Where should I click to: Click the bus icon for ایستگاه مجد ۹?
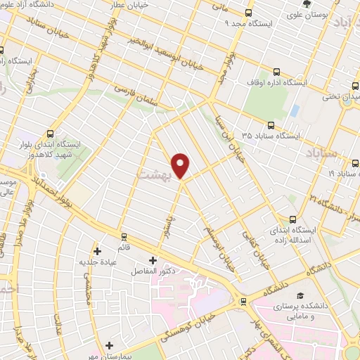[248, 13]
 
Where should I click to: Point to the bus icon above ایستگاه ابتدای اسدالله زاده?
[292, 219]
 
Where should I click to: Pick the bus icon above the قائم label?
[124, 236]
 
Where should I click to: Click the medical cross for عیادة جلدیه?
[97, 250]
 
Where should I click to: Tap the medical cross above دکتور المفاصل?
[153, 260]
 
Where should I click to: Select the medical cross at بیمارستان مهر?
[109, 345]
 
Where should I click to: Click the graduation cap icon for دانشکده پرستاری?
[301, 295]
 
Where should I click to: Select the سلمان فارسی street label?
[144, 96]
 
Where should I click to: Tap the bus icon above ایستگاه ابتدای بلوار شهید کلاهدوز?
[51, 131]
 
